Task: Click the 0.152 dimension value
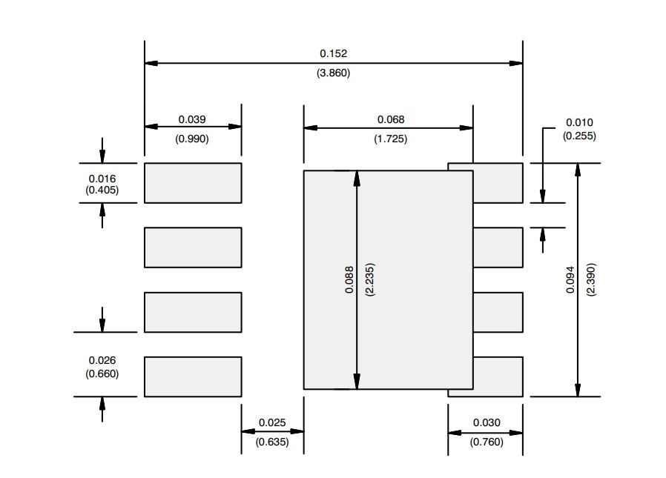334,53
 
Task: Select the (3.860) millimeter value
334,73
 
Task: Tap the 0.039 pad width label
192,119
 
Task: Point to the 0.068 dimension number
391,119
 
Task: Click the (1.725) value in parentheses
391,139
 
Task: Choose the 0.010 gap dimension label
579,122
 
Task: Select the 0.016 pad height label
102,179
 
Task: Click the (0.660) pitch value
102,374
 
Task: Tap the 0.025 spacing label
272,422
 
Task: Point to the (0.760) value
487,442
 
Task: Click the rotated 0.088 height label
349,279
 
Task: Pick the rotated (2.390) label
591,279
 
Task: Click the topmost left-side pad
193,183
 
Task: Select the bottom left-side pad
193,377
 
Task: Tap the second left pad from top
193,248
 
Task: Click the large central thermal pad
388,279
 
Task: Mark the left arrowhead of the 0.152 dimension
151,63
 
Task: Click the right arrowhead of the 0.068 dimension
466,127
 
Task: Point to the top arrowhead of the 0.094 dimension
578,170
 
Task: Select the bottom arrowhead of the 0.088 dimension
357,382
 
